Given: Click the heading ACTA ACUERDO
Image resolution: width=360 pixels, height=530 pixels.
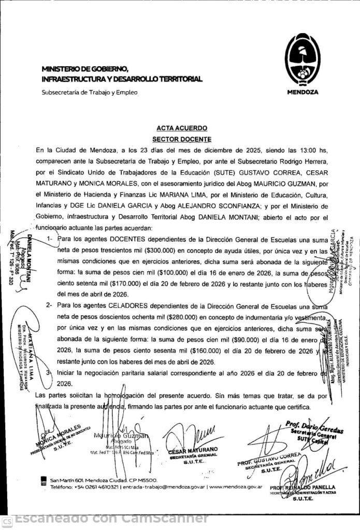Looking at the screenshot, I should tap(181, 128).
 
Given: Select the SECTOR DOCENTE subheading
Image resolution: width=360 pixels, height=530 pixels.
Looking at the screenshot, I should tap(181, 139).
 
